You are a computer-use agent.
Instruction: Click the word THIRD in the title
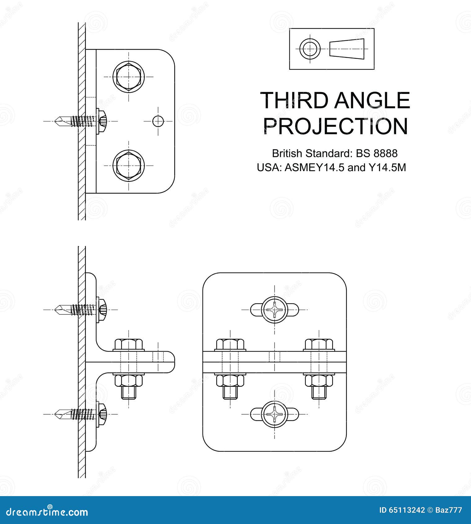point(294,100)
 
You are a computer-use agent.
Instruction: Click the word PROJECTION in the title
point(335,126)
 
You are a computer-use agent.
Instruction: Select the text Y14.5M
point(387,168)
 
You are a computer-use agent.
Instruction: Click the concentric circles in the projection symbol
point(310,49)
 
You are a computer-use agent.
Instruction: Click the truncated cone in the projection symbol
point(346,49)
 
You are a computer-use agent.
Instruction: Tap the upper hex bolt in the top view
point(129,77)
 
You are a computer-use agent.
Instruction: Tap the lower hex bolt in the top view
point(129,165)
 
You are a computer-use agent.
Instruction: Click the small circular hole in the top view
point(158,121)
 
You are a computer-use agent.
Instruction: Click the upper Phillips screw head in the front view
point(275,309)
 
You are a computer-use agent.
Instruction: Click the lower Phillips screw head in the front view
point(275,414)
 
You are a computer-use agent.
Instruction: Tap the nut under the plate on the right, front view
point(319,380)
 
